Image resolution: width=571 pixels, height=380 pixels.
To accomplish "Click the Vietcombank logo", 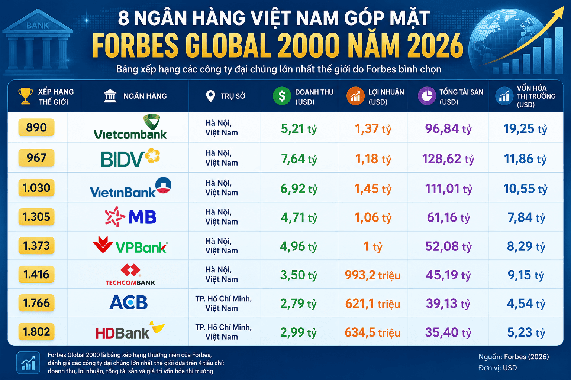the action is pos(130,127).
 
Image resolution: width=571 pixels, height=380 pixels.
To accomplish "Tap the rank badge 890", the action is pos(36,127).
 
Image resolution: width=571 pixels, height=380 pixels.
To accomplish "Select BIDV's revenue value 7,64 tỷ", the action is pos(299,159).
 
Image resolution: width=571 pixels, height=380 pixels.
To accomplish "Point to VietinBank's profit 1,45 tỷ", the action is pos(373,189).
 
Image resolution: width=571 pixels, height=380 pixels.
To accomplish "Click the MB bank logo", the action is pos(130,217).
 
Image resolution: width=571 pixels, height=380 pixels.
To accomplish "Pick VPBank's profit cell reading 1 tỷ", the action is pos(373,246).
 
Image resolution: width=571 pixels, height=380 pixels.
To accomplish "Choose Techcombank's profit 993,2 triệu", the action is pos(373,275).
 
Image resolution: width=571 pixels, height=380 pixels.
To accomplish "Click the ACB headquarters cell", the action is pos(223,304).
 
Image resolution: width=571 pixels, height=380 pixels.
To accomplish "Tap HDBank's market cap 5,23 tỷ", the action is pos(526,332).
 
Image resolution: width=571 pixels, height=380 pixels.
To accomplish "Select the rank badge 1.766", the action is pos(36,303).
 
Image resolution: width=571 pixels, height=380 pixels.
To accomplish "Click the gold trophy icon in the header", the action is pos(26,96).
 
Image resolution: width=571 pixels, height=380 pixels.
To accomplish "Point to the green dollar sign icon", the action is pos(282,96).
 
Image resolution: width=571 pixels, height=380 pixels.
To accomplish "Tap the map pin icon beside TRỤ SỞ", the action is pos(210,96).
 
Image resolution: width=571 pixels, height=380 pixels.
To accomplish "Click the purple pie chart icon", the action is pos(427,96).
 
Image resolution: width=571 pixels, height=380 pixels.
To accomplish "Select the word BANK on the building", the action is pos(38,26).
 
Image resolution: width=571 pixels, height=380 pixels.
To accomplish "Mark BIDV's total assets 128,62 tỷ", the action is pos(448,159).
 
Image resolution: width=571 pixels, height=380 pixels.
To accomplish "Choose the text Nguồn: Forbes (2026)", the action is pos(514,357).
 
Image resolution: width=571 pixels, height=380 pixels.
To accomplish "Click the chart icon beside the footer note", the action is pos(28,363).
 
